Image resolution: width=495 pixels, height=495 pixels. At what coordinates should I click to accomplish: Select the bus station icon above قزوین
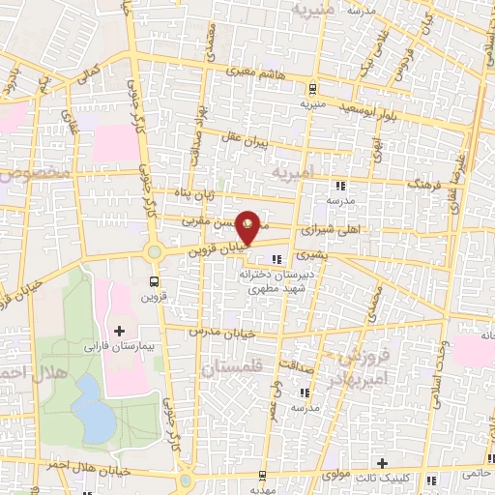tap(154, 281)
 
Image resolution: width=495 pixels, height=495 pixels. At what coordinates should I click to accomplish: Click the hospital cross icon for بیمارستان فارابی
tap(120, 332)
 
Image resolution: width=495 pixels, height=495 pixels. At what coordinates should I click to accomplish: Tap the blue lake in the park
tap(93, 407)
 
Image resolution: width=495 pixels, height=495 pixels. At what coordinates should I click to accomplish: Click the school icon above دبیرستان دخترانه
tap(277, 259)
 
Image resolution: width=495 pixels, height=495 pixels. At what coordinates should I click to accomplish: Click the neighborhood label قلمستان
tap(232, 368)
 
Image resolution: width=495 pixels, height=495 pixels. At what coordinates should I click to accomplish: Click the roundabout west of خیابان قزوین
tap(154, 253)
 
